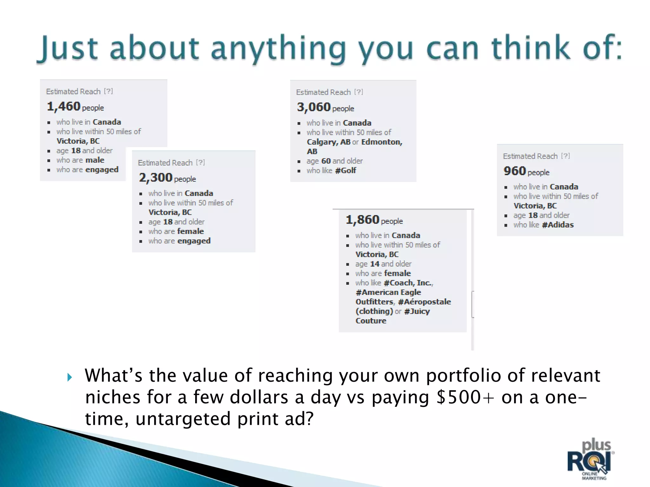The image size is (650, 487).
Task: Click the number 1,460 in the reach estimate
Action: [63, 107]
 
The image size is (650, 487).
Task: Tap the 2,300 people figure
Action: [156, 178]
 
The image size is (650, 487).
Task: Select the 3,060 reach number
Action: [314, 107]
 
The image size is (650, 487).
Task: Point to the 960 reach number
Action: [514, 171]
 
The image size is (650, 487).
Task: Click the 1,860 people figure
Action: [362, 220]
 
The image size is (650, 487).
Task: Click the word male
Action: [95, 160]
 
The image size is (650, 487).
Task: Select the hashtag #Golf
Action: [346, 171]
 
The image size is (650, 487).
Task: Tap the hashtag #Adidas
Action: [558, 225]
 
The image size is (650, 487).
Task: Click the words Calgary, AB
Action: [328, 142]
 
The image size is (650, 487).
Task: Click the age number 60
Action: [326, 161]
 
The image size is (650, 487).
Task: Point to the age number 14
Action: [375, 264]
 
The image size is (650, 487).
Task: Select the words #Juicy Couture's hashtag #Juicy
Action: [417, 311]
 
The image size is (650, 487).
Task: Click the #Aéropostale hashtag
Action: [424, 302]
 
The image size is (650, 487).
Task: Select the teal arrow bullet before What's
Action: [70, 377]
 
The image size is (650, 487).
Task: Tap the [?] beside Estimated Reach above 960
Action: [565, 156]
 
